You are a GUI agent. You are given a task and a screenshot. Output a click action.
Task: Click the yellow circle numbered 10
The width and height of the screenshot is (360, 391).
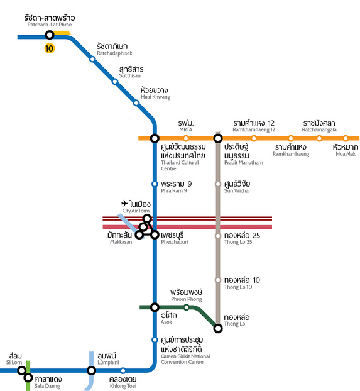pos(49,48)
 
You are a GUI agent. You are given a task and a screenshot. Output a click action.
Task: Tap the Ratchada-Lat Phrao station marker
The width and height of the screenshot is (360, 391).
pos(50,35)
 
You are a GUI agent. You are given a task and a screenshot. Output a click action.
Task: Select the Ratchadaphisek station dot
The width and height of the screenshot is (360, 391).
pos(92,59)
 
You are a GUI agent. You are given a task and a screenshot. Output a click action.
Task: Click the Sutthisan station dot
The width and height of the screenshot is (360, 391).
pos(115,82)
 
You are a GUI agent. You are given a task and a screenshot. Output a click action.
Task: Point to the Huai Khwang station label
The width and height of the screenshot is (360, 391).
pos(155,93)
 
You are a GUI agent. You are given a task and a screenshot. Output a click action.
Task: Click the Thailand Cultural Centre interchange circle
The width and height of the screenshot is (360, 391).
pos(155,138)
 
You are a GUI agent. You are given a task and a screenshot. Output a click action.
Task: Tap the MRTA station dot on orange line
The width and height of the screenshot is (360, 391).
pos(186,138)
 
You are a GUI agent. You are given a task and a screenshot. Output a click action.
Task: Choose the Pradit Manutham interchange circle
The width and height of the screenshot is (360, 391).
pos(218,138)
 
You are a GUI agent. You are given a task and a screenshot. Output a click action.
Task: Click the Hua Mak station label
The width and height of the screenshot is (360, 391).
pos(346,150)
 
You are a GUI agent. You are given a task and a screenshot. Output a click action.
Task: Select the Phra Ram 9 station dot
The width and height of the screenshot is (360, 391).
pos(155,184)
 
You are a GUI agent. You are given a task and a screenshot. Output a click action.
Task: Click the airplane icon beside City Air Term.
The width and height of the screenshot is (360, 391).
pos(124,203)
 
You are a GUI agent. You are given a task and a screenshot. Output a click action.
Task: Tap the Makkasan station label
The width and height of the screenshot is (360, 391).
pos(119,238)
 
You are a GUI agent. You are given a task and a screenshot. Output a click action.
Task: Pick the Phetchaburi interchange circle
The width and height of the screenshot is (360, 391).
pos(155,234)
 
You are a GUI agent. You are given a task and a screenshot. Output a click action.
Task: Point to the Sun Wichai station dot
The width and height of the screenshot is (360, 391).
pos(218,184)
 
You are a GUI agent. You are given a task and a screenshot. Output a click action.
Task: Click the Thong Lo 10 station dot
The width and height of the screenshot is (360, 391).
pos(218,280)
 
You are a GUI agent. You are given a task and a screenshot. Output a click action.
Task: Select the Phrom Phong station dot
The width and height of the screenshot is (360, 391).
pos(186,307)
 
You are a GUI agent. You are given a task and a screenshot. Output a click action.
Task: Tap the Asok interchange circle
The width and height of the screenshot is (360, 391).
pos(155,307)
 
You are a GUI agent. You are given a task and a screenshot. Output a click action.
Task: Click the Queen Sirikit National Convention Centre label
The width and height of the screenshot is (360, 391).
pos(185,350)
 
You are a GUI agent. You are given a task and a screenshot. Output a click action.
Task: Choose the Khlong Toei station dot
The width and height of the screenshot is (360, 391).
pos(123,370)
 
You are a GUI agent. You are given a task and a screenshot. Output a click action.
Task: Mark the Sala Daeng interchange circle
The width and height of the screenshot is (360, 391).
pos(28,378)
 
